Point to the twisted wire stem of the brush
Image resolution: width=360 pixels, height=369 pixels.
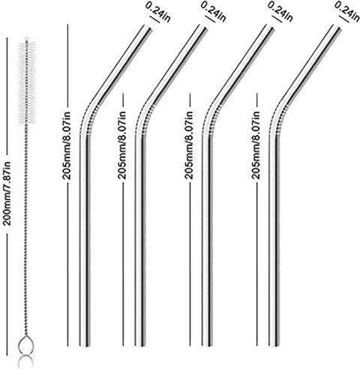point(26,230)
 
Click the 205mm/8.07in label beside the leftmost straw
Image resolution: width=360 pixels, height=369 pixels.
point(67,145)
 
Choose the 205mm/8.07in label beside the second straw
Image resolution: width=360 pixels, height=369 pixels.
point(121,145)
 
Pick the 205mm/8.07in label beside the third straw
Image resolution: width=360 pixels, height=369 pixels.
point(189,145)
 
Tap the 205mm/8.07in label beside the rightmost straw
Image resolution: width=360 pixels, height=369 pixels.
point(256,145)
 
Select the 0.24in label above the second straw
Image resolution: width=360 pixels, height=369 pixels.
point(214,12)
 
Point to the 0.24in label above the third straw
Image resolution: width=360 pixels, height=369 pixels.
point(280,12)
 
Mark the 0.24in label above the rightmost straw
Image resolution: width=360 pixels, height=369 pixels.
point(347,12)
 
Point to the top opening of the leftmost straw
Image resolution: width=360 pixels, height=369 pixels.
point(148,26)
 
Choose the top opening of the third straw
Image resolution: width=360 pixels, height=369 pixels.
point(270,26)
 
